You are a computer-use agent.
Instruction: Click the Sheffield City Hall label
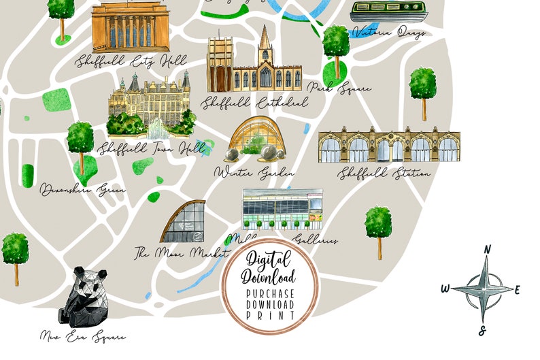point(132,61)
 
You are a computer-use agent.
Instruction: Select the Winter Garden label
point(254,174)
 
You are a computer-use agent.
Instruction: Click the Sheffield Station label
point(384,174)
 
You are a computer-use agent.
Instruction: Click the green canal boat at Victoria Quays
point(389,12)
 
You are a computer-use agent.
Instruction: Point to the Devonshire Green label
point(82,189)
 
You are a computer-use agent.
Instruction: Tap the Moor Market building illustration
point(184,222)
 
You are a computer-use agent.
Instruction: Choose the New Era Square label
point(83,336)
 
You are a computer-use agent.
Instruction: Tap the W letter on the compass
point(445,289)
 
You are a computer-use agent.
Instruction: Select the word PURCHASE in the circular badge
point(271,293)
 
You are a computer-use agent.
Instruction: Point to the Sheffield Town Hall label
point(143,148)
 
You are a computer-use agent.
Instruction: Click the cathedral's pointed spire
point(264,37)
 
